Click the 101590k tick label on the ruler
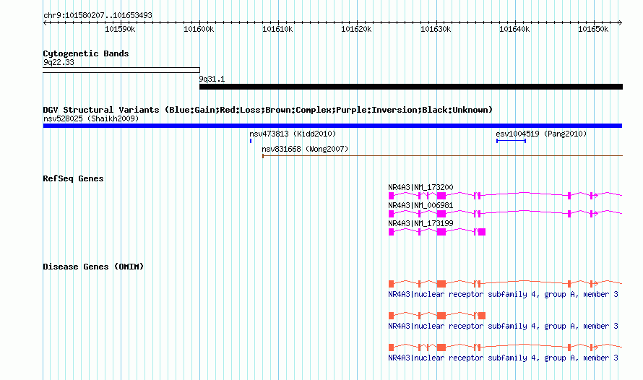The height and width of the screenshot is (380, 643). [120, 30]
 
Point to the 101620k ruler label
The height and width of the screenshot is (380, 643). [356, 30]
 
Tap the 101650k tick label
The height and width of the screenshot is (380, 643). [593, 30]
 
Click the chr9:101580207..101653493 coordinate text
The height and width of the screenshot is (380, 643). [98, 16]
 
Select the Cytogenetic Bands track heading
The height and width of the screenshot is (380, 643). [86, 53]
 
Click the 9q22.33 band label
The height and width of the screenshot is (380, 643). [59, 62]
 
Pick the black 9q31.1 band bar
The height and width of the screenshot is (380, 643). [411, 87]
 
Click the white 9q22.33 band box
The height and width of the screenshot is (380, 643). [121, 70]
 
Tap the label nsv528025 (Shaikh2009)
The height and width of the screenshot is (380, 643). [91, 119]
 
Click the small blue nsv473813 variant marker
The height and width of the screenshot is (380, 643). [251, 141]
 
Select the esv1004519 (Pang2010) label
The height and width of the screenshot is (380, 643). [541, 134]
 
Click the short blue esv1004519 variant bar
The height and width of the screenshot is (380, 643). [511, 141]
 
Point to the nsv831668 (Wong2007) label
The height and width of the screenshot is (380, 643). [305, 150]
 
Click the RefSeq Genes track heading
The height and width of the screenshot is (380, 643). [73, 178]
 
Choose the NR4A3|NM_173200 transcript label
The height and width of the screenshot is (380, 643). [420, 187]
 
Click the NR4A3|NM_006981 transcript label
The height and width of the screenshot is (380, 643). [420, 205]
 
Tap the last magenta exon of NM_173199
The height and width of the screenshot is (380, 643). [482, 232]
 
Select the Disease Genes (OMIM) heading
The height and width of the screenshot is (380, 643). [93, 267]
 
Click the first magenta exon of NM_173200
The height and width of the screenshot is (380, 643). [391, 196]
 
